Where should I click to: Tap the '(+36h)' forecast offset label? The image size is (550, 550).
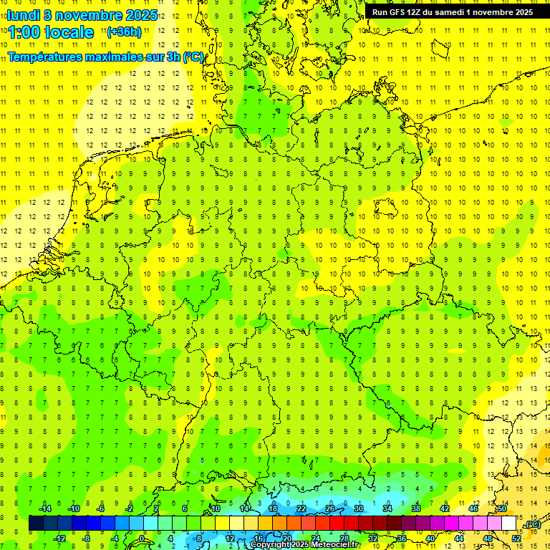(124, 32)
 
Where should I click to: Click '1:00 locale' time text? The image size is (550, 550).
(51, 32)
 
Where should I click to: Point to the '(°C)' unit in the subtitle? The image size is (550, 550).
(193, 57)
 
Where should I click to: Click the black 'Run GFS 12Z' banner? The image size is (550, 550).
(452, 12)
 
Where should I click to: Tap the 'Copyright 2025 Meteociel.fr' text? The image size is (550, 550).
(304, 545)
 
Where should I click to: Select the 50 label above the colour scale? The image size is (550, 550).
(502, 508)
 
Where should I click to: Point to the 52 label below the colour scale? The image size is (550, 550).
(516, 539)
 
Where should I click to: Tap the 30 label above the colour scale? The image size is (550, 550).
(359, 508)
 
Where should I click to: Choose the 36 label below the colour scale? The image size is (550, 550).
(402, 539)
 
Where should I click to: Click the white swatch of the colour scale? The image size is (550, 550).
(509, 524)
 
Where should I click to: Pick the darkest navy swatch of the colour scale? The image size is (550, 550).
(36, 524)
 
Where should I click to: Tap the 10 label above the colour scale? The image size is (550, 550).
(216, 508)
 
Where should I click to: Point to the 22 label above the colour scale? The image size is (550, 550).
(301, 508)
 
